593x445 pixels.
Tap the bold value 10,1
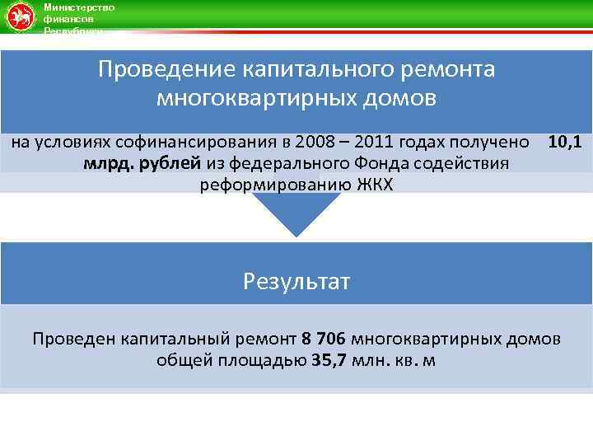pyautogui.click(x=565, y=143)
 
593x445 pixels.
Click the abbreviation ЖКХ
pyautogui.click(x=375, y=184)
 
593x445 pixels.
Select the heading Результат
pyautogui.click(x=296, y=283)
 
